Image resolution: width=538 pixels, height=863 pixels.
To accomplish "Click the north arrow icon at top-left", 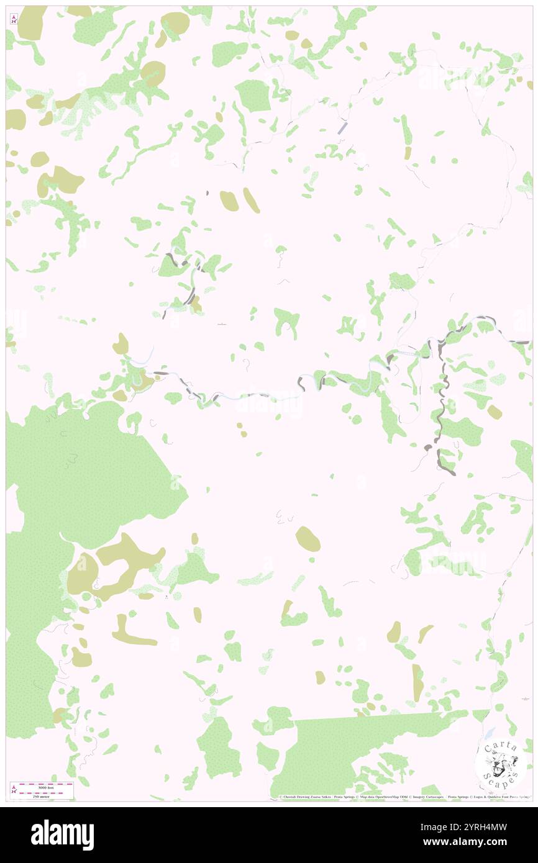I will [x=14, y=20].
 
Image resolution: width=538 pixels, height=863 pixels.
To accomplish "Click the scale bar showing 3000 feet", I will [x=42, y=786].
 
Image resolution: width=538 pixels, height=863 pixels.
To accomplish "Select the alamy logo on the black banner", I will [x=63, y=834].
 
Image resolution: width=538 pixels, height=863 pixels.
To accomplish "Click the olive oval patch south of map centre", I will [x=308, y=539].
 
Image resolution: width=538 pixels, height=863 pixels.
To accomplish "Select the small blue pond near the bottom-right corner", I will [x=491, y=733].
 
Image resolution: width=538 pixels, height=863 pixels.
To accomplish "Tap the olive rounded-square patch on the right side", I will [x=494, y=412].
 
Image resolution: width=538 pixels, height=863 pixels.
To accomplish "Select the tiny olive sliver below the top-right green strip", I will [x=407, y=152].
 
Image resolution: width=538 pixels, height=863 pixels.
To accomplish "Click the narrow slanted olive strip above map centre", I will [x=251, y=200].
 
